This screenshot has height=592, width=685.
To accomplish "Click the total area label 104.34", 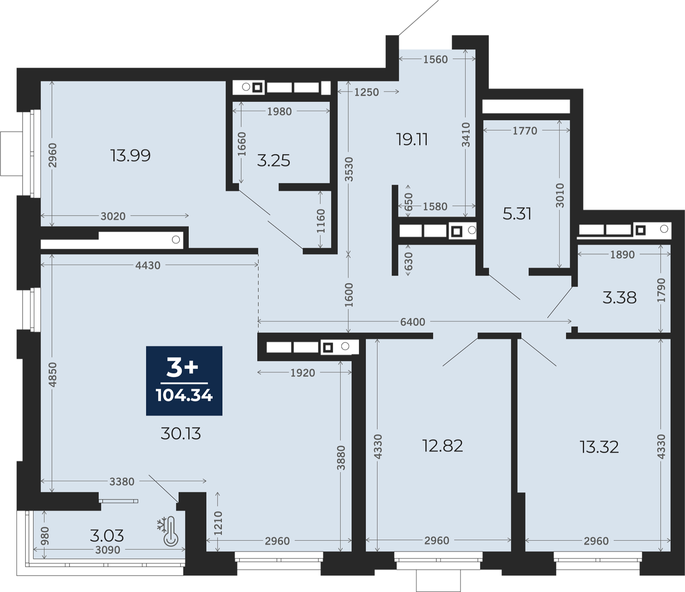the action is pyautogui.click(x=184, y=395).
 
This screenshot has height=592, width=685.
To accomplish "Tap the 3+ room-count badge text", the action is pyautogui.click(x=182, y=368).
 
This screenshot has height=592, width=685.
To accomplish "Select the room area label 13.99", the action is pyautogui.click(x=130, y=156).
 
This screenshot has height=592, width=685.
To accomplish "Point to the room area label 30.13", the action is pyautogui.click(x=181, y=434).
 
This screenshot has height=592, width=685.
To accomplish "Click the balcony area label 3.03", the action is pyautogui.click(x=107, y=535).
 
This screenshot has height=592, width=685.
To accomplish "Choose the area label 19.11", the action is pyautogui.click(x=412, y=139).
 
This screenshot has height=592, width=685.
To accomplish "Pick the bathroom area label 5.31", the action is pyautogui.click(x=517, y=214).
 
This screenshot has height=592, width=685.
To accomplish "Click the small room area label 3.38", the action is pyautogui.click(x=619, y=298).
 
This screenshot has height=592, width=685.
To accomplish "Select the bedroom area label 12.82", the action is pyautogui.click(x=442, y=446).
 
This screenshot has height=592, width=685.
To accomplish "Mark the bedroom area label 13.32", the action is pyautogui.click(x=599, y=447).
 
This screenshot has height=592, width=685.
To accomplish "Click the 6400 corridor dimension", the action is pyautogui.click(x=413, y=322).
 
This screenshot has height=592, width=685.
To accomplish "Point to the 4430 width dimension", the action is pyautogui.click(x=148, y=265).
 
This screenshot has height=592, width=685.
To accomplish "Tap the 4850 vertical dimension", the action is pyautogui.click(x=52, y=374).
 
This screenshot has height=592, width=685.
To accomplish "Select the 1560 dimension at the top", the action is pyautogui.click(x=435, y=59).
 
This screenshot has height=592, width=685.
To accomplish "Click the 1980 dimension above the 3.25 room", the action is pyautogui.click(x=279, y=111).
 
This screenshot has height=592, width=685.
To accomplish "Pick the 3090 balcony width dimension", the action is pyautogui.click(x=107, y=550).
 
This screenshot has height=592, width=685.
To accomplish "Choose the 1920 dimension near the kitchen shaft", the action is pyautogui.click(x=303, y=373).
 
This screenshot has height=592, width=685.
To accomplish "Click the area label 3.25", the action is pyautogui.click(x=274, y=161).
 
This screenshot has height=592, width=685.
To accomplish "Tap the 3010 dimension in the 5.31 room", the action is pyautogui.click(x=560, y=195).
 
